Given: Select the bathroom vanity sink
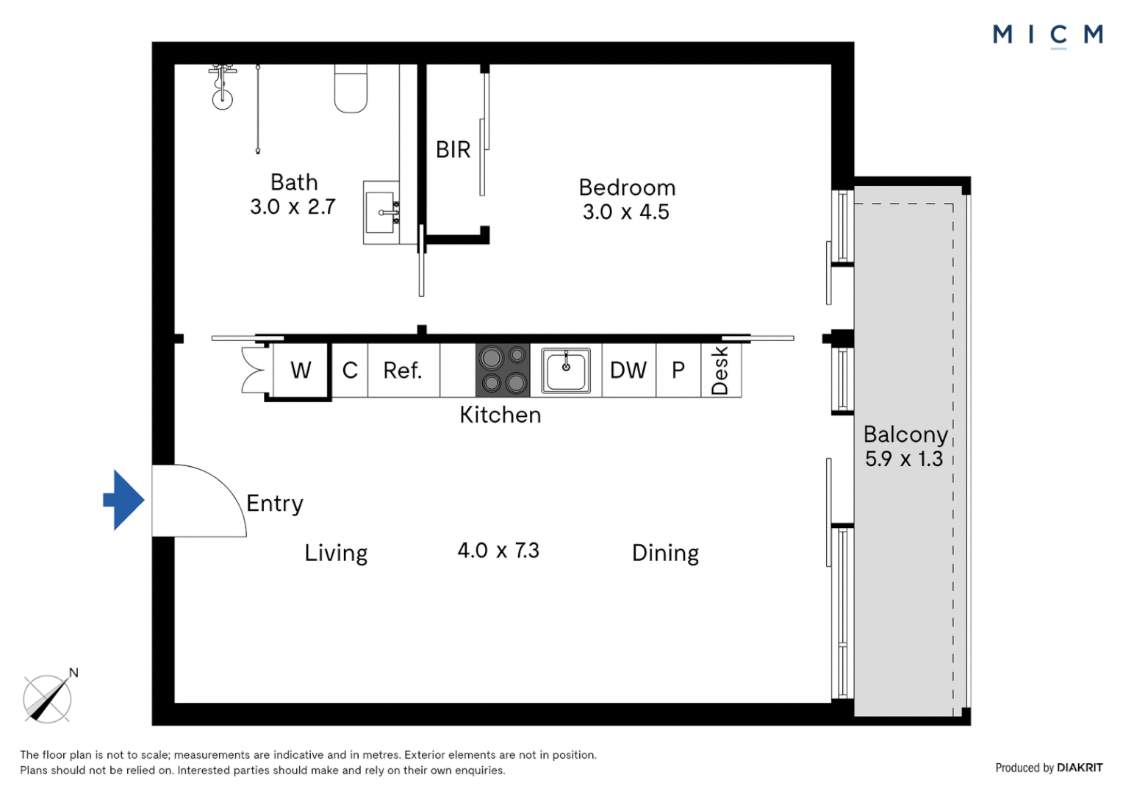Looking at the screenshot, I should (380, 212).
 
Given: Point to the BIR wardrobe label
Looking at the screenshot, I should (453, 150).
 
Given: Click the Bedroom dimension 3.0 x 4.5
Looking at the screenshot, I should (625, 212).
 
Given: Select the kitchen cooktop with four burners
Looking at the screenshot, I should (503, 370).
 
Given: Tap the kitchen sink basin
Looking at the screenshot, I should (566, 371).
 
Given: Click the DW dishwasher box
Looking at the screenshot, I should (628, 371).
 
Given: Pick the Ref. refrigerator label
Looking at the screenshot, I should (403, 371).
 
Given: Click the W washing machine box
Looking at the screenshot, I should (301, 371).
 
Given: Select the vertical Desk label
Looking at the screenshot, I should (720, 371).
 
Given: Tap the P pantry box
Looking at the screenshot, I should (678, 371).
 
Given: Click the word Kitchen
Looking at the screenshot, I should (500, 415).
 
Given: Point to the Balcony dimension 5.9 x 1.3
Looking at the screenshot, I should (903, 459).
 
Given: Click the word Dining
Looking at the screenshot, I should (665, 553).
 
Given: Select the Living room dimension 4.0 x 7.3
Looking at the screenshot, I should (498, 551).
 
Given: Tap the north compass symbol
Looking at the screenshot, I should (48, 698).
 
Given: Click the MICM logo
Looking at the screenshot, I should (1047, 35).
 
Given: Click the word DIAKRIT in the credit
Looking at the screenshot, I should (1080, 768).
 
